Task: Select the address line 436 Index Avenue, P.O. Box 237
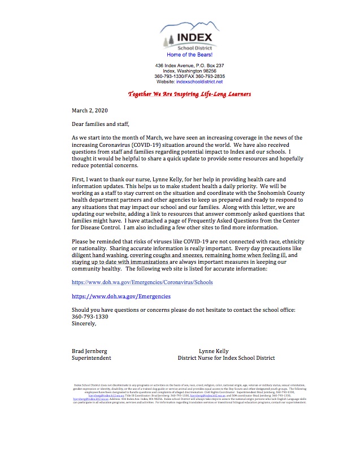coord(189,66)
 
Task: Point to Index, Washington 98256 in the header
coord(189,71)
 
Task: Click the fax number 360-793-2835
coord(208,76)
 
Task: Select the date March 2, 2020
coord(89,110)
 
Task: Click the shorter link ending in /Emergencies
coord(121,296)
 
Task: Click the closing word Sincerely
coord(84,324)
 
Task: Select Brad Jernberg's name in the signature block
coord(90,351)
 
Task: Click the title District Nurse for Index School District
coord(226,358)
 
